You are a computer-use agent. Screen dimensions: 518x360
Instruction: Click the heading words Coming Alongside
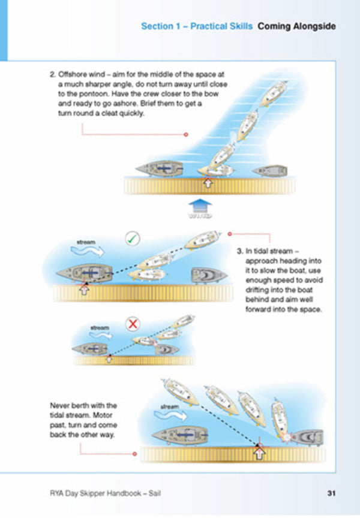(296, 26)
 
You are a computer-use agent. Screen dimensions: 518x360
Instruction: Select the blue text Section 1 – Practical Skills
(197, 26)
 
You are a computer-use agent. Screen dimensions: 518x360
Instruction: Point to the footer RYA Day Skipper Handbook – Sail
(106, 493)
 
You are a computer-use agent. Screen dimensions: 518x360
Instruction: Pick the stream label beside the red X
(99, 328)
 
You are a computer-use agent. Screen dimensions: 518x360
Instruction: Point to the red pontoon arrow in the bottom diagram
(259, 453)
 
